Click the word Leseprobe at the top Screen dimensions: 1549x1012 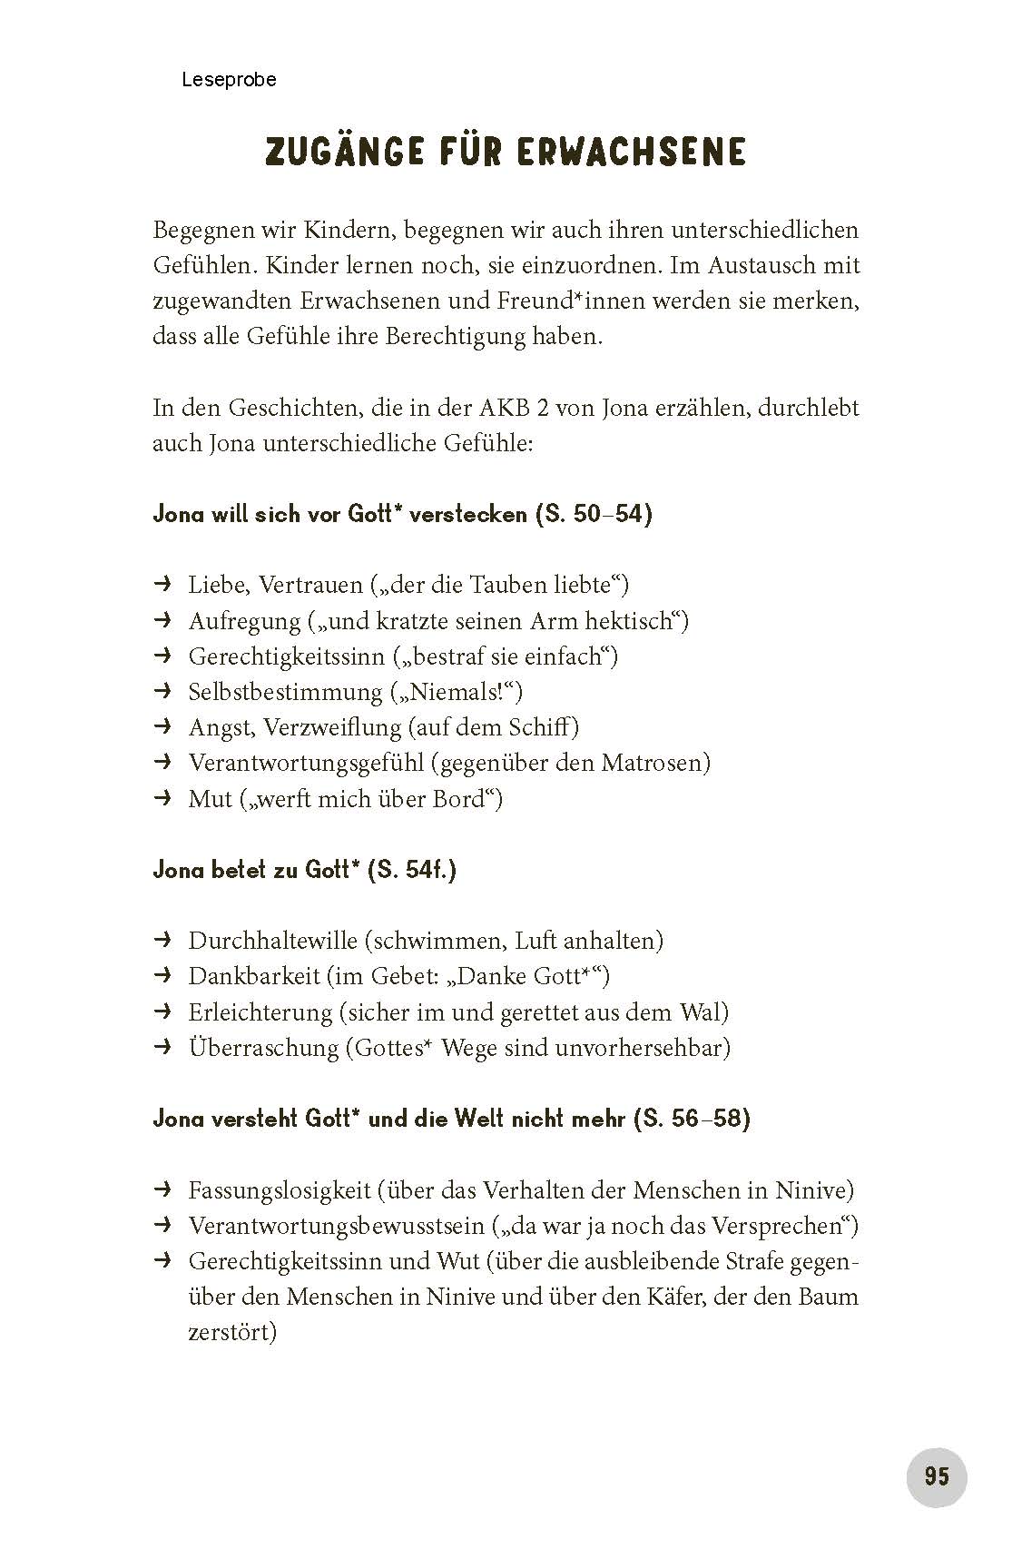click(x=229, y=80)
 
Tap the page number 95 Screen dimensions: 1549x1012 click(x=937, y=1475)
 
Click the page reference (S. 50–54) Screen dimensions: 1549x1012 click(x=594, y=514)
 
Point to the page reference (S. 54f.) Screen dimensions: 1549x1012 click(x=412, y=870)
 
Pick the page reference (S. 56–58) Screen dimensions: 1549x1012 click(x=692, y=1119)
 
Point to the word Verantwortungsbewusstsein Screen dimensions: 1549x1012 click(x=337, y=1226)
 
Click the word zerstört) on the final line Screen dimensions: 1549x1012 click(x=231, y=1332)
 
